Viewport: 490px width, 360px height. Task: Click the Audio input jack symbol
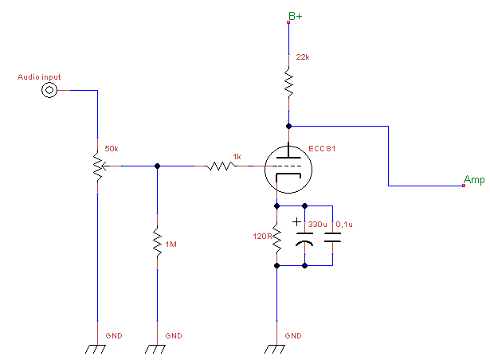tap(50, 91)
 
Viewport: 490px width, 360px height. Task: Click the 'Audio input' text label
tap(39, 77)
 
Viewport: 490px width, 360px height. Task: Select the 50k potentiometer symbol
tap(98, 166)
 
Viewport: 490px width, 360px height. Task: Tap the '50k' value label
tap(112, 149)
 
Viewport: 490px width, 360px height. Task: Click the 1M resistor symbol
tap(157, 239)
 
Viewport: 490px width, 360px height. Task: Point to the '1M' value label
tap(171, 244)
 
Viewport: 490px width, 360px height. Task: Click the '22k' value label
tap(301, 58)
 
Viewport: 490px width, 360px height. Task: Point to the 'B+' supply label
tap(295, 15)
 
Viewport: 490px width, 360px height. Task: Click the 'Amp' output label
tap(474, 180)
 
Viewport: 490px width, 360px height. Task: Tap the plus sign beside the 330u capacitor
tap(296, 222)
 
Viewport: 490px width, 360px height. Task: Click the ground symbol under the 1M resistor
tap(157, 348)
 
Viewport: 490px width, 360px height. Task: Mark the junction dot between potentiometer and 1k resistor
tap(157, 166)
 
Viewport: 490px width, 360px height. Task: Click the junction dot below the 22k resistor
tap(288, 125)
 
